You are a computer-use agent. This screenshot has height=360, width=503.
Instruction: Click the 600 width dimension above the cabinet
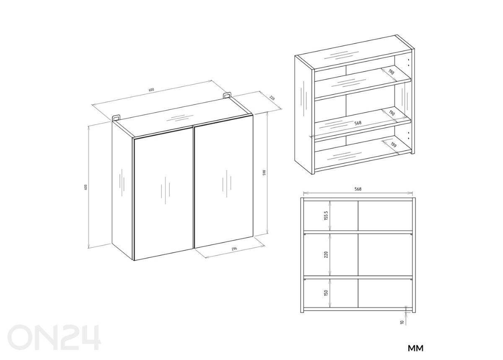click(151, 90)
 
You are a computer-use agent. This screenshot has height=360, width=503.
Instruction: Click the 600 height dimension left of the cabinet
click(86, 187)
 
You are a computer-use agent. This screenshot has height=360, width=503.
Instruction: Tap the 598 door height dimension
click(264, 173)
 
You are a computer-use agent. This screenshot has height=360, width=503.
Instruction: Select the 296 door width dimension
click(234, 249)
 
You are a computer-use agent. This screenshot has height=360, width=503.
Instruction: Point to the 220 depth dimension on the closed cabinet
click(272, 98)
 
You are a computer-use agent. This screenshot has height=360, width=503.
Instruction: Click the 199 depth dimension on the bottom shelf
click(393, 145)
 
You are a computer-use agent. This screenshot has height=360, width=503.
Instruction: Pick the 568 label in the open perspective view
click(358, 123)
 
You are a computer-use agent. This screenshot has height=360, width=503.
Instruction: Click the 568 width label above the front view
click(358, 189)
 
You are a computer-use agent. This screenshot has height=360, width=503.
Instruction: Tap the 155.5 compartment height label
click(326, 215)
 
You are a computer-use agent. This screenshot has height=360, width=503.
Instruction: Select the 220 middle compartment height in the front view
click(326, 254)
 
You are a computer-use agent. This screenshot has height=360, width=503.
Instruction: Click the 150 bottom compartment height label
click(326, 293)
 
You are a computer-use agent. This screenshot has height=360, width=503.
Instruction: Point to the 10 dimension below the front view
click(402, 322)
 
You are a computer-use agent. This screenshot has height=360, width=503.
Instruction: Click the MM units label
click(416, 348)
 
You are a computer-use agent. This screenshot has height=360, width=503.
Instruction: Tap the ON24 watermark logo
click(54, 337)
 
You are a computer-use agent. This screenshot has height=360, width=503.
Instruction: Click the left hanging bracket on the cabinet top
click(116, 119)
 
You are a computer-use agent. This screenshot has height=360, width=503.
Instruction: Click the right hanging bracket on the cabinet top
click(227, 95)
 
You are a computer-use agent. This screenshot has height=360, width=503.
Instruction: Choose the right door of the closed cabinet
click(224, 182)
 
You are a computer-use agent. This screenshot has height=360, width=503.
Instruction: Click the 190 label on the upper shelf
click(391, 72)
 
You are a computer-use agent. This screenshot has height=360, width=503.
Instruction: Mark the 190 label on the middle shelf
click(392, 113)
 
